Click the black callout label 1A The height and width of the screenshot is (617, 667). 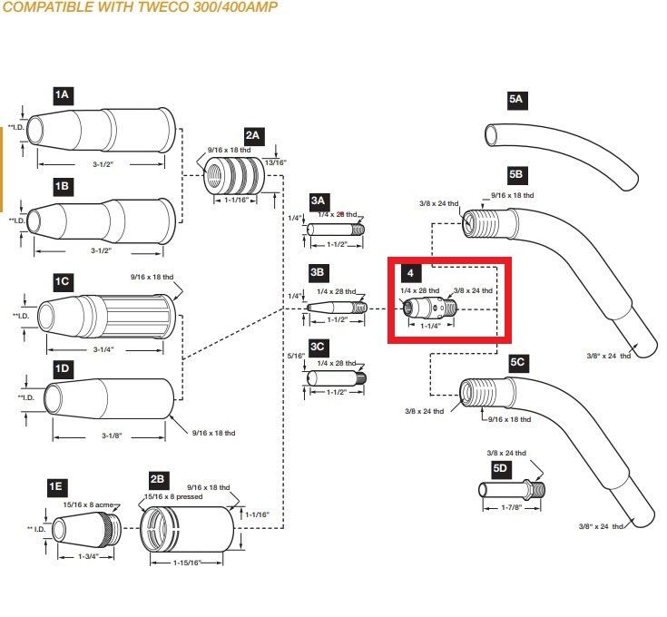click(x=62, y=94)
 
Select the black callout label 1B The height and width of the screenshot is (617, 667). click(x=62, y=186)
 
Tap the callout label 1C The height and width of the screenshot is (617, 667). click(x=62, y=281)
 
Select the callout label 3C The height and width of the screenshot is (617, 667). click(x=319, y=347)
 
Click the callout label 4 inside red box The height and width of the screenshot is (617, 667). click(x=412, y=272)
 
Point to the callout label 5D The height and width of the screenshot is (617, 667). click(x=500, y=468)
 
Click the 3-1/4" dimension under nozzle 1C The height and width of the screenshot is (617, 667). click(x=103, y=348)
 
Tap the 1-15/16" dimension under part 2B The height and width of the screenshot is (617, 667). click(x=187, y=563)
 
